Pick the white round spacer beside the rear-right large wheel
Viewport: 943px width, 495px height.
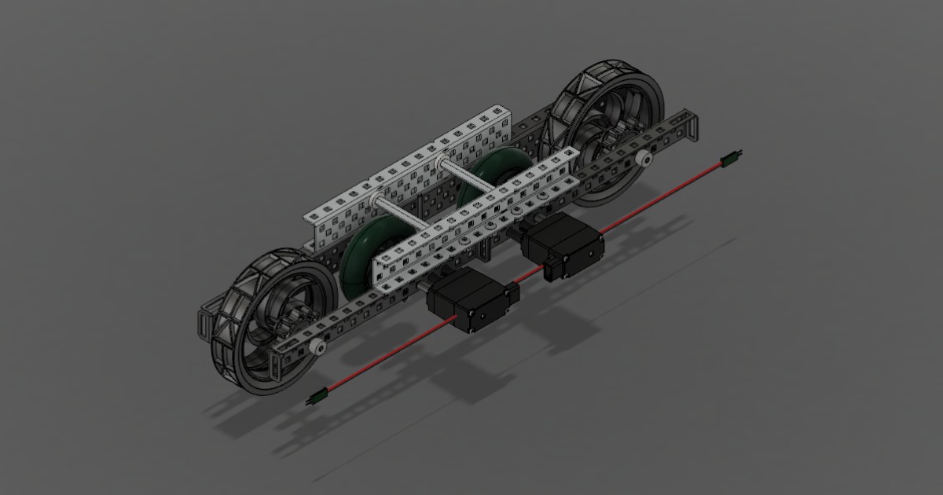pyautogui.click(x=644, y=159)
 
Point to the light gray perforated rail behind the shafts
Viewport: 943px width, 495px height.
pyautogui.click(x=409, y=165)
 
